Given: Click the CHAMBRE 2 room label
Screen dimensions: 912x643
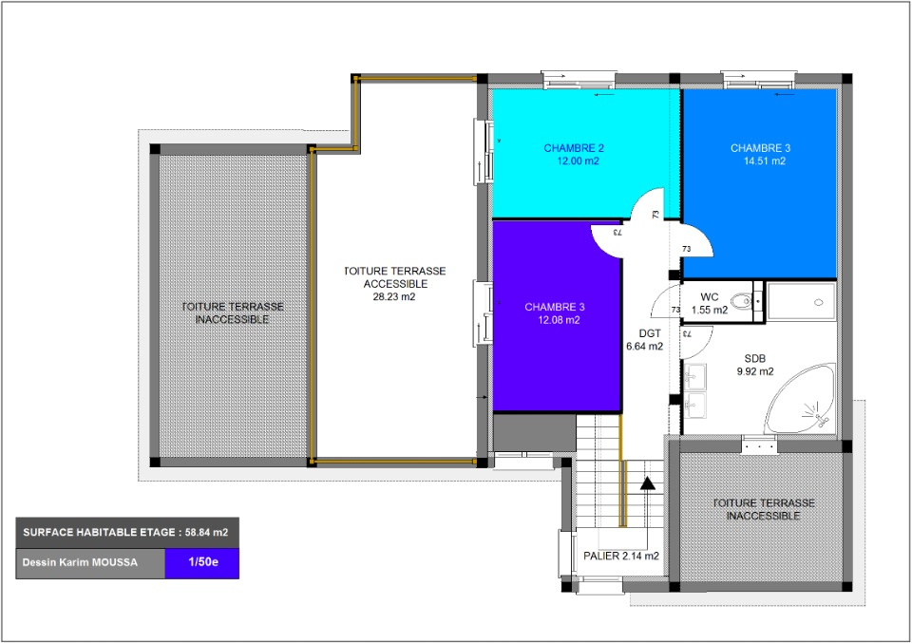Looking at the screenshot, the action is [x=574, y=148].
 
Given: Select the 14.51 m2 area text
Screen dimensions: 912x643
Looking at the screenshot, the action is [x=764, y=161].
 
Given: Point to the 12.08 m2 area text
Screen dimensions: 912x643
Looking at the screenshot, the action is [x=559, y=320].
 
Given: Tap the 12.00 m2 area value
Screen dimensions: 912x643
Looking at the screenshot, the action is [x=578, y=161].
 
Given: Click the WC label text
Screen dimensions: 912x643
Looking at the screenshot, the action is [x=709, y=297].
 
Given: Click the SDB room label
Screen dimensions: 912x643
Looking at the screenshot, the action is [x=755, y=359].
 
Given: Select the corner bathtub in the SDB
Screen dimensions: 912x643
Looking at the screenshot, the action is [x=802, y=399].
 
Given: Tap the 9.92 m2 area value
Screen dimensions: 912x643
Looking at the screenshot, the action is [x=755, y=371].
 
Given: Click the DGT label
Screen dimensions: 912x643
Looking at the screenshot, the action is [x=650, y=333].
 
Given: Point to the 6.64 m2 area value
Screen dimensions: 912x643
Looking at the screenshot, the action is [x=644, y=347].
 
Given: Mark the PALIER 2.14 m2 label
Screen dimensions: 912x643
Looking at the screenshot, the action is [x=621, y=556].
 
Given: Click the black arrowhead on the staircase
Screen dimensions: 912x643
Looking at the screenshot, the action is [x=647, y=483].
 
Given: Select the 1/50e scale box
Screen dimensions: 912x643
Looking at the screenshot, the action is [x=201, y=563].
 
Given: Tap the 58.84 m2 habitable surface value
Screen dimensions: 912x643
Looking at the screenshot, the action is [x=206, y=532].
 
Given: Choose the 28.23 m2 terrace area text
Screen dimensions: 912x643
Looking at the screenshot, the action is [x=394, y=296].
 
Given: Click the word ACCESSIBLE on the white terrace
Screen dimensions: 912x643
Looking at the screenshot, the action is [x=395, y=284].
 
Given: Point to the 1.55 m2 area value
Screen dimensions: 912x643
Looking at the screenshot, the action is [x=710, y=310].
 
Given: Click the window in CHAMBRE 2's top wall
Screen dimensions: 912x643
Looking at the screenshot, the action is [x=579, y=80].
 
